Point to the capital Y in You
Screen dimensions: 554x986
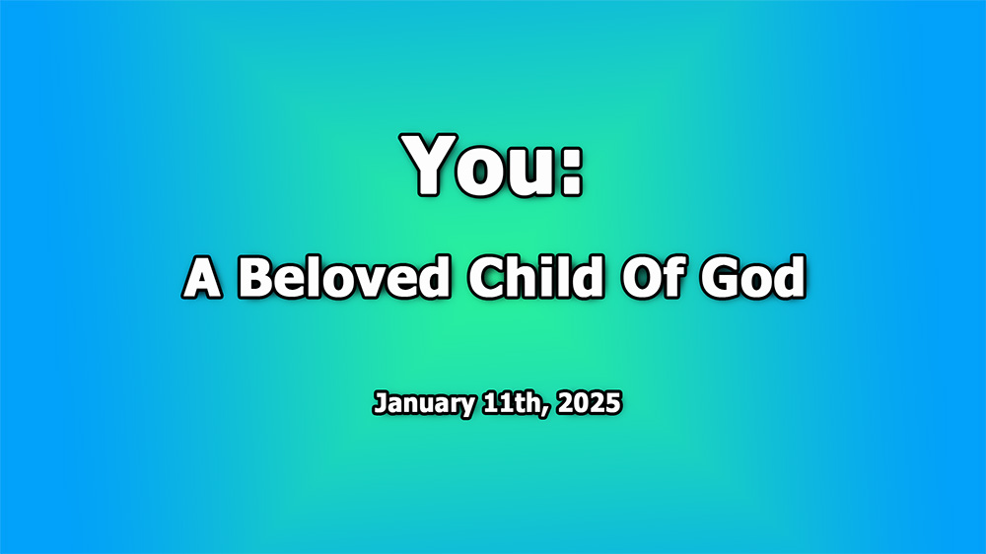point(433,165)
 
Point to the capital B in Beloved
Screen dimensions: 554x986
point(256,280)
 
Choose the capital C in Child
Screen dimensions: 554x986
point(486,280)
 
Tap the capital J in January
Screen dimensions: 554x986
point(380,404)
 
